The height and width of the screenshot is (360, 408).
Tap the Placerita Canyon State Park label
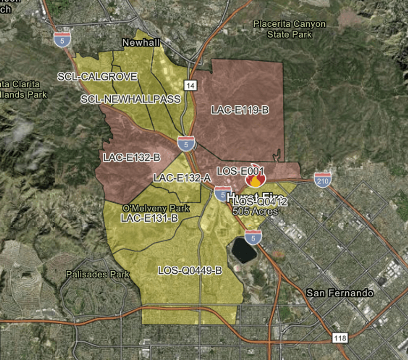[x=290, y=29]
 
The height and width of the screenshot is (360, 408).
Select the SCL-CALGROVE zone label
[x=97, y=77]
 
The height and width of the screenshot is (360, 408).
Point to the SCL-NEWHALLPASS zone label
[x=131, y=99]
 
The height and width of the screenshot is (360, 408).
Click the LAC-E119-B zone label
[x=240, y=110]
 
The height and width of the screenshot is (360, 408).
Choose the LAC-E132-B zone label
[x=132, y=157]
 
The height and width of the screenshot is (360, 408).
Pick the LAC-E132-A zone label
[x=182, y=178]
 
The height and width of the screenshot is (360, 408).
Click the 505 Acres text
[x=255, y=211]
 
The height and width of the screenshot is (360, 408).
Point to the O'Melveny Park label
[x=156, y=208]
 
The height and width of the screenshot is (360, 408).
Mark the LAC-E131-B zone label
[x=149, y=217]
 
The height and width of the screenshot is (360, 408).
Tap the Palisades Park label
[x=98, y=275]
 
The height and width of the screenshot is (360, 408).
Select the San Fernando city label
[x=340, y=293]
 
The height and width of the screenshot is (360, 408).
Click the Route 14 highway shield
[x=190, y=85]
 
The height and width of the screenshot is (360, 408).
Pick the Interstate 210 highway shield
[x=323, y=179]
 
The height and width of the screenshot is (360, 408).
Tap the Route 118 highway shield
[x=340, y=338]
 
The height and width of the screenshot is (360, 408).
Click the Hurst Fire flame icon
[x=255, y=180]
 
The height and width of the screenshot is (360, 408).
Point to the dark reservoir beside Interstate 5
[x=244, y=250]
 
